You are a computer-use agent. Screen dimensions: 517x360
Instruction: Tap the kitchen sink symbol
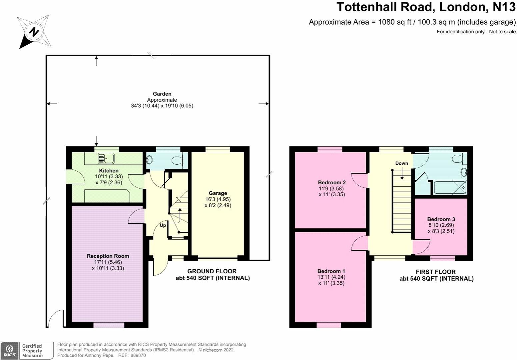coord(106,158)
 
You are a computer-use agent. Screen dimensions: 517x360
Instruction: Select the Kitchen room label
coord(109,171)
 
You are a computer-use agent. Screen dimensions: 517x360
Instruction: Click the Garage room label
coord(218,193)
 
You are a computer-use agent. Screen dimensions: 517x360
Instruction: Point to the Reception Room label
coord(108,256)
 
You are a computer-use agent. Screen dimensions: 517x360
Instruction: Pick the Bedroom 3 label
coord(441,219)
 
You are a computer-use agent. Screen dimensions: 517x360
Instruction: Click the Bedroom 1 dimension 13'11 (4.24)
coord(331,277)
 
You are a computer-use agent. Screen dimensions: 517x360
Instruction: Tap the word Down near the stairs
coord(402,163)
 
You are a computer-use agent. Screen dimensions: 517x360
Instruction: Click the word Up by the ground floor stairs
coord(163,225)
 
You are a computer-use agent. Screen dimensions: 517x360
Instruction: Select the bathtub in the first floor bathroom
coord(450,188)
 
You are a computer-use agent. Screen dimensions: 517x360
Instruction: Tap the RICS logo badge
coord(9,351)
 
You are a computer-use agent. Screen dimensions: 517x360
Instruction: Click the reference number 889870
coord(138,355)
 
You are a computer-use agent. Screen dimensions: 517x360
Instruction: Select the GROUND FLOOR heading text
coord(212,271)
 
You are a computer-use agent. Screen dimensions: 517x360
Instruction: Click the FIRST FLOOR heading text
coord(436,272)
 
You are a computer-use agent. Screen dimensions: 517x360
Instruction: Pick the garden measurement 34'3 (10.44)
coord(145,106)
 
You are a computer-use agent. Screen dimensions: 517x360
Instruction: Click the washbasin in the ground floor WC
coord(149,159)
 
